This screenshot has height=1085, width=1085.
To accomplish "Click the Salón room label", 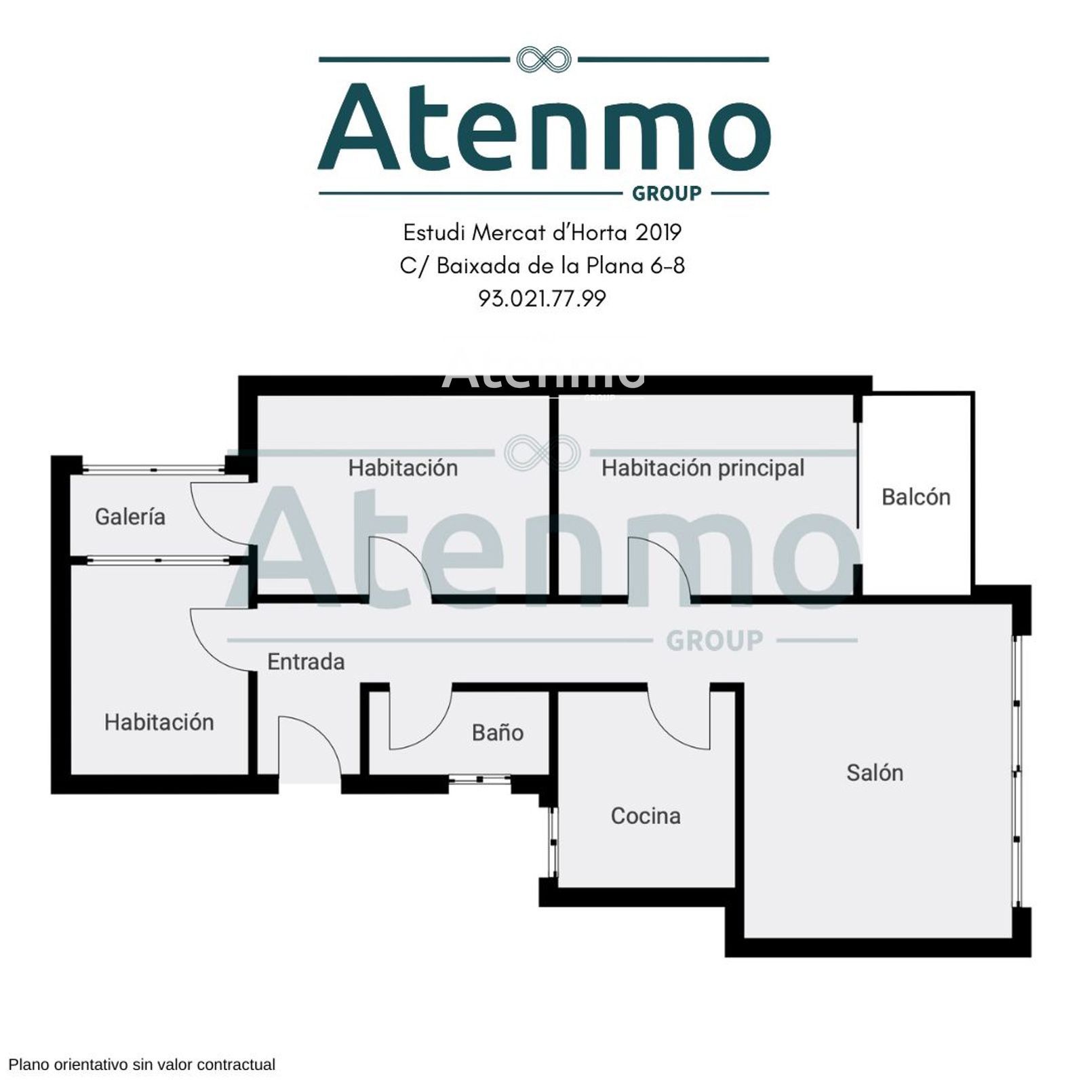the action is [x=875, y=772].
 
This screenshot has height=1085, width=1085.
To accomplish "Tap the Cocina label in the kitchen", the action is [x=646, y=816].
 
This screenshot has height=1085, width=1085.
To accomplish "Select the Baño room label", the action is [x=498, y=732].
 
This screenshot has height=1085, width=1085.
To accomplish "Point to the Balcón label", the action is [x=915, y=497].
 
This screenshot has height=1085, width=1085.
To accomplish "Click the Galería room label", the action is [x=130, y=517].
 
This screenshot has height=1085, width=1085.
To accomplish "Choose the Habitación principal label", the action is [x=703, y=468].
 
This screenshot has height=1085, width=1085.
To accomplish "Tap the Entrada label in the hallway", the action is [x=306, y=662].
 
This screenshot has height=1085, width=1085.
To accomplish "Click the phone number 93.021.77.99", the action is [x=542, y=298].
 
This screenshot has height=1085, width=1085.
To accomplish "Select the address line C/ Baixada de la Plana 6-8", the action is [x=542, y=265].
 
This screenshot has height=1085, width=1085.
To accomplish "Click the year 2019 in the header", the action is [x=658, y=233].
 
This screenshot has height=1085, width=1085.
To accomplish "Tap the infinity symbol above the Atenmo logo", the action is [x=543, y=60].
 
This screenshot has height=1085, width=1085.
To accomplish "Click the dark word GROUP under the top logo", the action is [x=667, y=194].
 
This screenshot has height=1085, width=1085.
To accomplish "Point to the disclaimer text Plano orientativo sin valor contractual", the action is [x=142, y=1065].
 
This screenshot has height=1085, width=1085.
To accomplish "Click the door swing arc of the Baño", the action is [x=434, y=732].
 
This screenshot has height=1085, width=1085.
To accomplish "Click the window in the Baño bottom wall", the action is [x=480, y=780].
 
